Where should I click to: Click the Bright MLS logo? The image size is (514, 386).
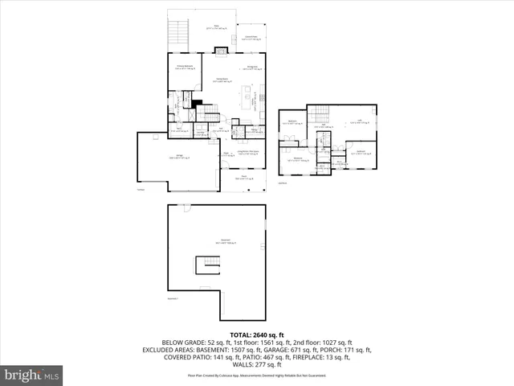(32, 375)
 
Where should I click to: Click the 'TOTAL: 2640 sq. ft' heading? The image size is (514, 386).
(257, 334)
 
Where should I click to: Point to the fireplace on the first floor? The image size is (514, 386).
(219, 47)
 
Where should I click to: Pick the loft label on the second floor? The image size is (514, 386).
(359, 122)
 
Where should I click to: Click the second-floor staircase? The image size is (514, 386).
(320, 114)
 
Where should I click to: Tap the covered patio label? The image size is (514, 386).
(251, 37)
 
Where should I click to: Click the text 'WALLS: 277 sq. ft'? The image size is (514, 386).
(257, 364)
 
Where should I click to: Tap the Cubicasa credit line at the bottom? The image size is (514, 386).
(257, 376)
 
